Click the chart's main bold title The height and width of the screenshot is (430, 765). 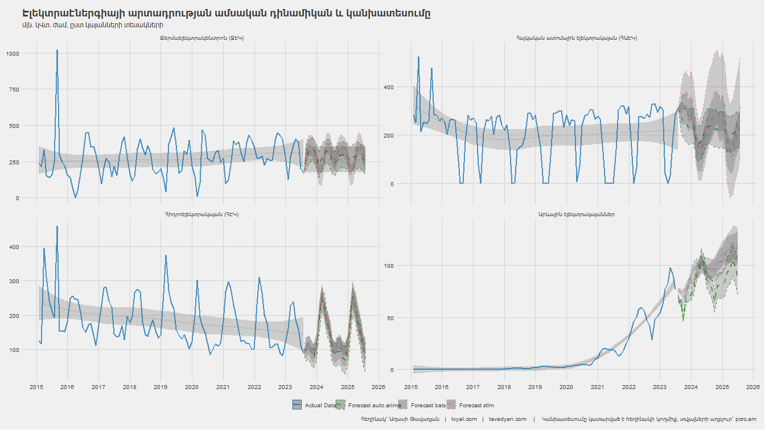point(226,13)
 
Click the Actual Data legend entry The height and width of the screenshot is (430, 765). point(314,405)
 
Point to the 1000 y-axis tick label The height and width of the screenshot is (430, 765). point(13,53)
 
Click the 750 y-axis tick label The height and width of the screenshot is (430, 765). point(14,89)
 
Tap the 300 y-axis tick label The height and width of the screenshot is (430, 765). point(14,281)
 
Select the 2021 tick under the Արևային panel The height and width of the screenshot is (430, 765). point(597,387)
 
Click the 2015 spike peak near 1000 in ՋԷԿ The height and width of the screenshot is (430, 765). point(57,50)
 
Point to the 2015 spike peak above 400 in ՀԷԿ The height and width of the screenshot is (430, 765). point(57,226)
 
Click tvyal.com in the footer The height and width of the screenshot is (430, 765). point(464,419)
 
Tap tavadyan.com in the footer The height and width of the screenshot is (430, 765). point(508,419)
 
